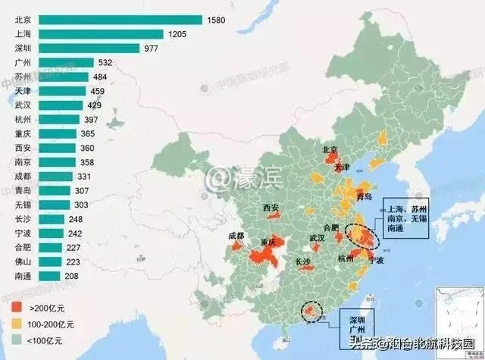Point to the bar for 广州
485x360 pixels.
(66, 62)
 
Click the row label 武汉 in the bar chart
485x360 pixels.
(23, 105)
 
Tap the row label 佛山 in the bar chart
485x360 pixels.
(23, 261)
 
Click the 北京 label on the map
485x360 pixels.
(330, 150)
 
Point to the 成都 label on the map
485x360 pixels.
(236, 236)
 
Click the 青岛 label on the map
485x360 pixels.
(365, 196)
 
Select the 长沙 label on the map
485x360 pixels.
(303, 262)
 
